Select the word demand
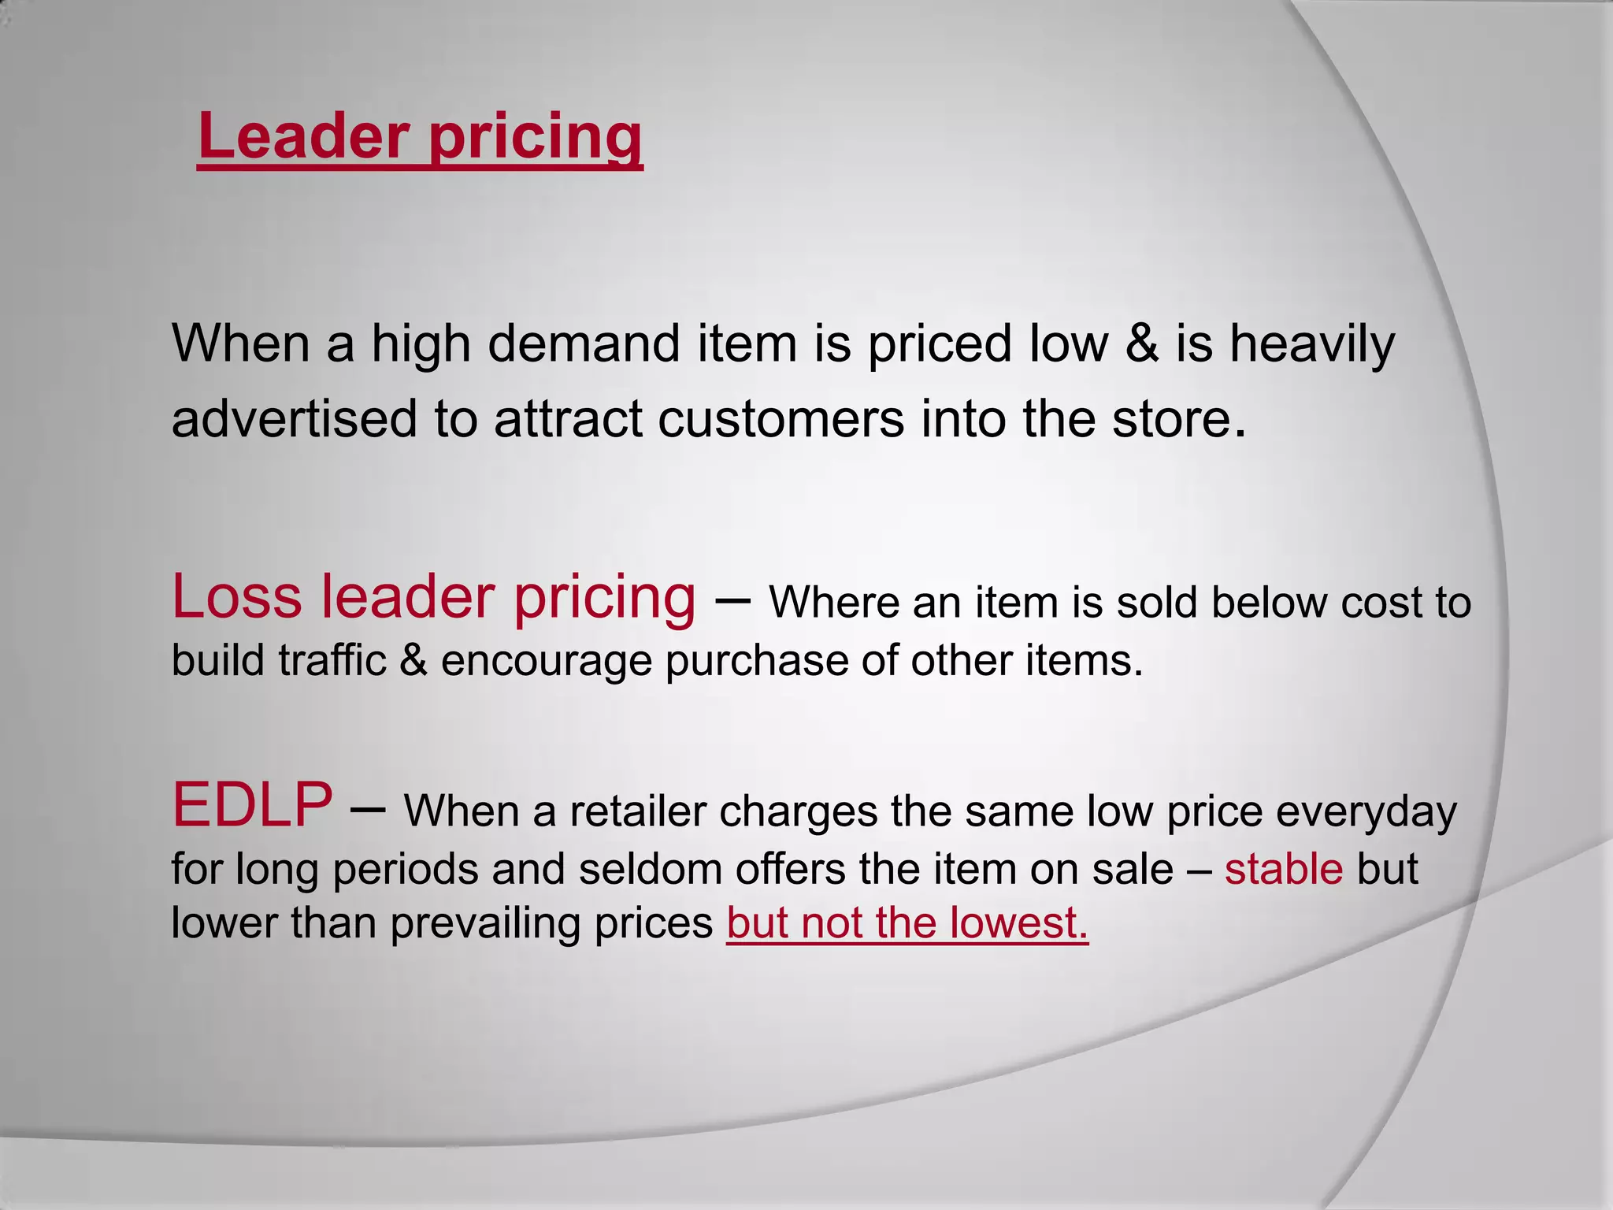(x=584, y=344)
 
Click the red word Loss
(x=236, y=597)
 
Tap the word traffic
(x=332, y=660)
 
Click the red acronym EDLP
(x=252, y=805)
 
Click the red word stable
(x=1284, y=869)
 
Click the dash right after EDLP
(x=366, y=808)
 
